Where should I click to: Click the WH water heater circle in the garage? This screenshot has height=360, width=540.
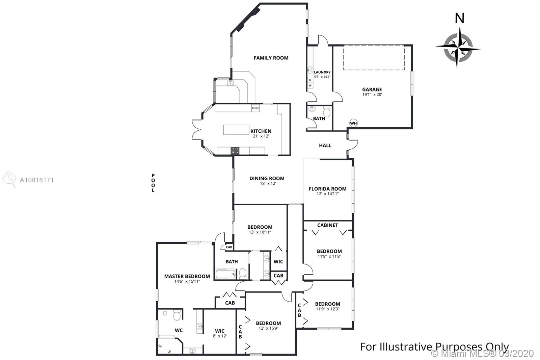tap(353, 123)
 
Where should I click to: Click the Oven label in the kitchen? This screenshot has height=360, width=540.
tap(255, 108)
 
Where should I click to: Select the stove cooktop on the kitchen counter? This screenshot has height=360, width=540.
tap(235, 151)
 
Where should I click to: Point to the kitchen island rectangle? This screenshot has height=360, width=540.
tap(236, 130)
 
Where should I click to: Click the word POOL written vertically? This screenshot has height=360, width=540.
tap(153, 183)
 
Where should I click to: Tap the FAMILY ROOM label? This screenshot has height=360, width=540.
tap(271, 58)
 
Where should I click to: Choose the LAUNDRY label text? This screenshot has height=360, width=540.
tap(322, 72)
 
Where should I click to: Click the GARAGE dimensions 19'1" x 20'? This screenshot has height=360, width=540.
tap(372, 95)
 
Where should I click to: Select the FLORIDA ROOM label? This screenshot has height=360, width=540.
tap(327, 189)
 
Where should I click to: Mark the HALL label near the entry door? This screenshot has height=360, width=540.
tap(325, 146)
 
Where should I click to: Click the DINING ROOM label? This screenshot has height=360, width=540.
tap(267, 178)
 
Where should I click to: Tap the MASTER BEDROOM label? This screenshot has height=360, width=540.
tap(187, 276)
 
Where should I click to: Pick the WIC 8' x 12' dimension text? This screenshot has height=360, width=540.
tap(220, 336)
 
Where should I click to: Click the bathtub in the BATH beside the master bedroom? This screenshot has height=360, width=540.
tap(225, 274)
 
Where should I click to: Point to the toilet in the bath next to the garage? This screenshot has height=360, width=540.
tap(327, 111)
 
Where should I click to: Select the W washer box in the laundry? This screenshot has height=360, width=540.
tap(310, 85)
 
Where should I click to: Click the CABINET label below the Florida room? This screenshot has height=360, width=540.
tap(327, 225)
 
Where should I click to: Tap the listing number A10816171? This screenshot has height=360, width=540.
tap(37, 180)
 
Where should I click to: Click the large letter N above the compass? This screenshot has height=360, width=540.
tap(459, 18)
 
